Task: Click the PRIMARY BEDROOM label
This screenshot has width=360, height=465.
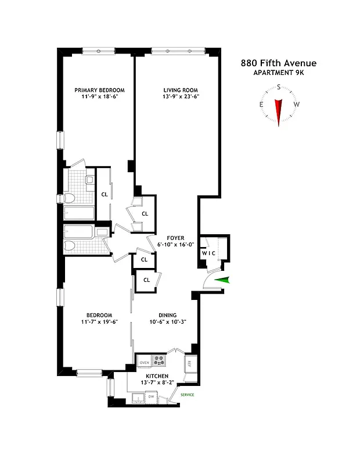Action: tap(100, 90)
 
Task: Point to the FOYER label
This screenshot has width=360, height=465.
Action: tap(175, 238)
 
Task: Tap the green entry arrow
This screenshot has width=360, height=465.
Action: tap(222, 281)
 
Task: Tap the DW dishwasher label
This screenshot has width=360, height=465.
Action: tap(151, 396)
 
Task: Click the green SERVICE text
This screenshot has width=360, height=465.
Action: tap(187, 395)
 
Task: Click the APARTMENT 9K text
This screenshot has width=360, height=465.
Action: tap(279, 73)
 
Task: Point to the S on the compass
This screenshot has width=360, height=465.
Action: tap(279, 87)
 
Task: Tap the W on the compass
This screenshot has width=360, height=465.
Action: tap(296, 105)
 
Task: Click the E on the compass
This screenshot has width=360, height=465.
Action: tap(261, 105)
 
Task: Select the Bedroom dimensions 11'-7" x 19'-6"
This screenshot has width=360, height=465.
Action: tap(100, 322)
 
